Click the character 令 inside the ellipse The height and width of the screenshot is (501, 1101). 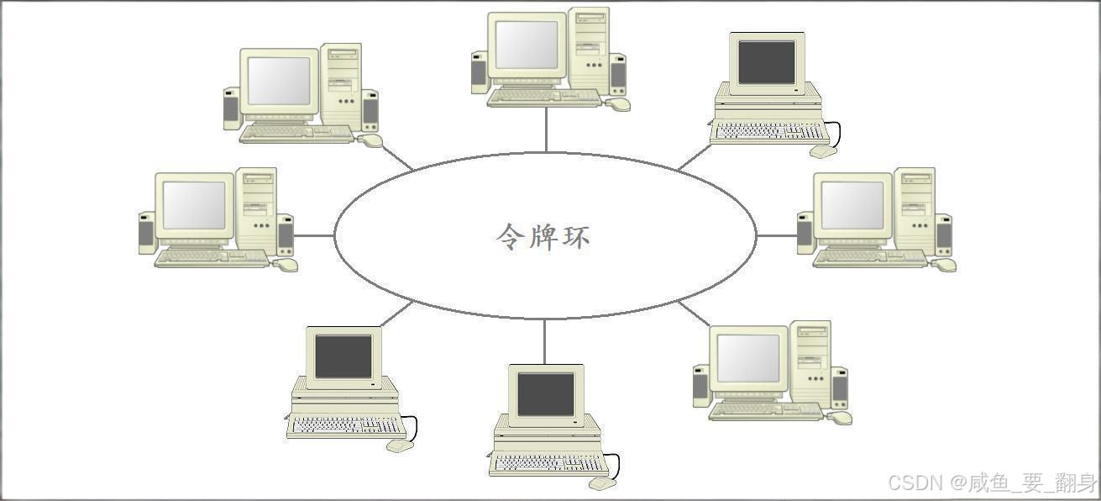click(x=511, y=235)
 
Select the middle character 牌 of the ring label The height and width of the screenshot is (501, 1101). click(x=543, y=235)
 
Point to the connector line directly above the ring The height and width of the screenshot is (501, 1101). click(x=546, y=130)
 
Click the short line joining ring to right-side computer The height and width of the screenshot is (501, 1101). click(x=777, y=235)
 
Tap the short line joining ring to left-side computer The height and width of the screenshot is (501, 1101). click(x=315, y=235)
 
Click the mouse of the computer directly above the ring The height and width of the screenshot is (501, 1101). click(x=619, y=104)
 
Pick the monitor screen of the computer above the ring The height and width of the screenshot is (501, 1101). click(x=527, y=45)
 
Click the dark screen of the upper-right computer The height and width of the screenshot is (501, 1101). click(x=766, y=62)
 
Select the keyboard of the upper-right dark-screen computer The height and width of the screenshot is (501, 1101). click(x=768, y=132)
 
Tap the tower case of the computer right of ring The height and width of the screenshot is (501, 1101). click(x=915, y=210)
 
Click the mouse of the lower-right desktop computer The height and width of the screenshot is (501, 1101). click(x=840, y=417)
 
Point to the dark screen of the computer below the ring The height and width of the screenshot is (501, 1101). click(x=546, y=394)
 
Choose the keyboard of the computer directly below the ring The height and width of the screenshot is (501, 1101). click(x=548, y=464)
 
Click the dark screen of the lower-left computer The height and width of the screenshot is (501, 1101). click(x=343, y=356)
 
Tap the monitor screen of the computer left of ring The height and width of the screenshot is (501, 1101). click(x=194, y=205)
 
